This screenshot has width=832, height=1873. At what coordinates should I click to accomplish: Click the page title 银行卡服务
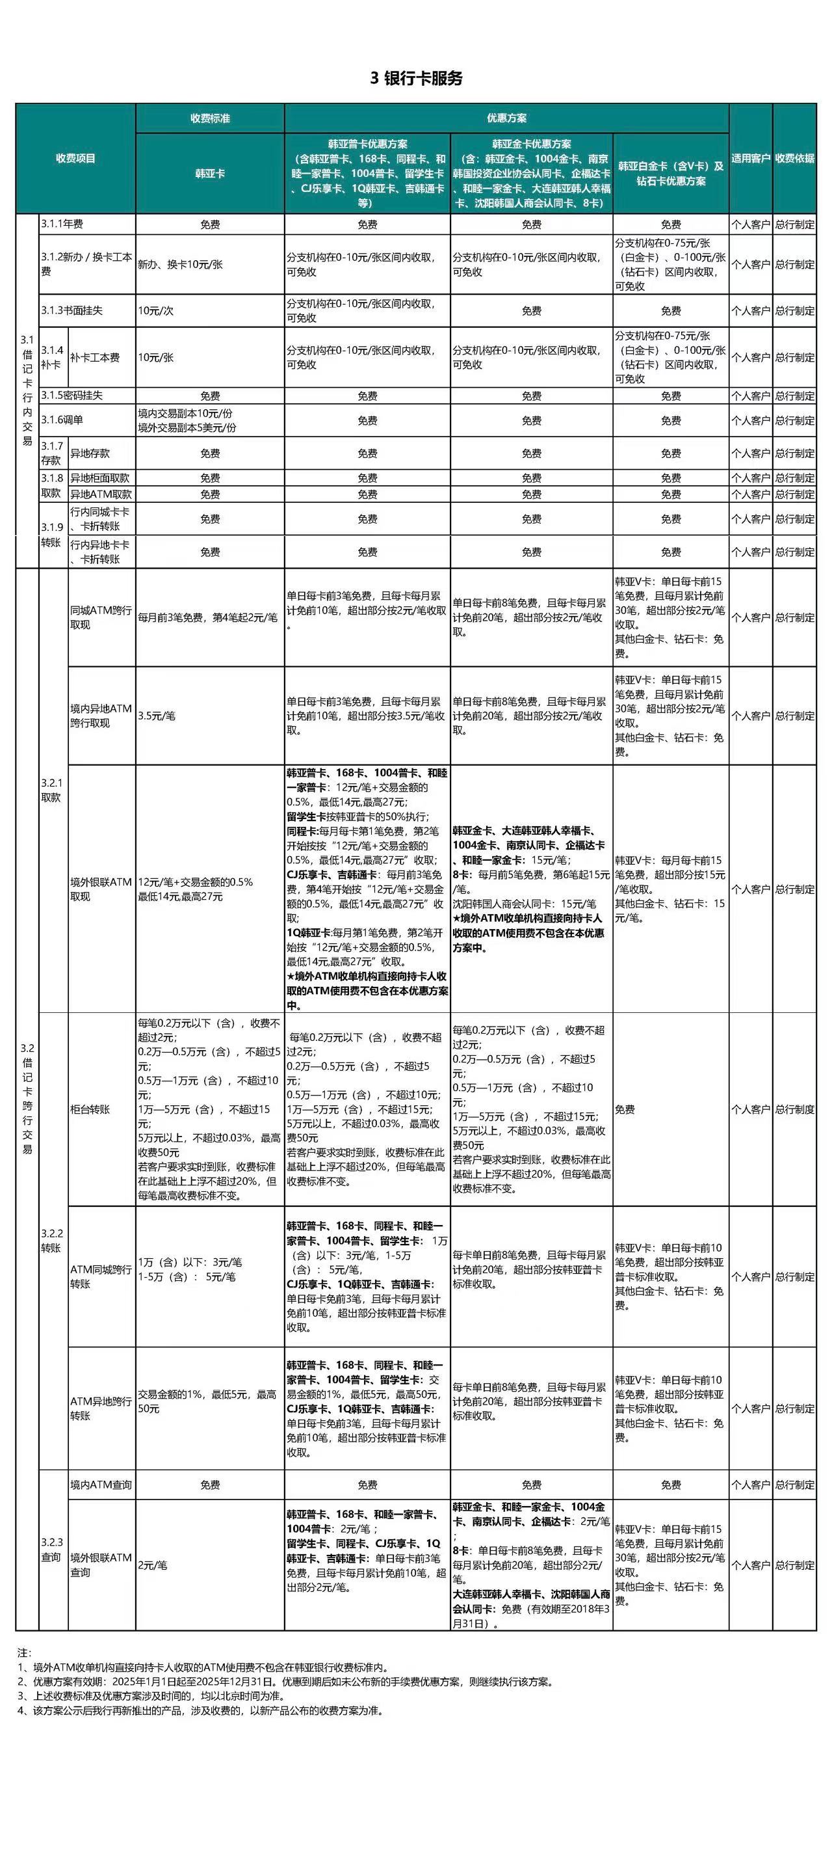tap(417, 79)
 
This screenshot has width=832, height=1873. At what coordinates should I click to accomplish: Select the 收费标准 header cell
tap(210, 118)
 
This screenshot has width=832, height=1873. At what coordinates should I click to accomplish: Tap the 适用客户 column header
tap(751, 158)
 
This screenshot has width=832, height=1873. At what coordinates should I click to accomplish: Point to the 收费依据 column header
tap(794, 158)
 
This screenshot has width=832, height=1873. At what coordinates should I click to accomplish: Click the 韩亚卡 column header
tap(210, 174)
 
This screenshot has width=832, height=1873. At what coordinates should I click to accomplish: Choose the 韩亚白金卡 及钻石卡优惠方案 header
tap(671, 174)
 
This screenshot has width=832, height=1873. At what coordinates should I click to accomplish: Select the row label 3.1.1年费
tap(62, 224)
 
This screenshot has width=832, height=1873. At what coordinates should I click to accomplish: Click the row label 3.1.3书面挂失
tap(72, 310)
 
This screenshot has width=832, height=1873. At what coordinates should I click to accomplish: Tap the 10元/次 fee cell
tap(156, 310)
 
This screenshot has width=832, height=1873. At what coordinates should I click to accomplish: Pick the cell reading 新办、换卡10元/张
tap(180, 265)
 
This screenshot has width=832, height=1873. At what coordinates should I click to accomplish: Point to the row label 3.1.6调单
tap(62, 420)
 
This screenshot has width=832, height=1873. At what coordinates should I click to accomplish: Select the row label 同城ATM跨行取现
tap(101, 617)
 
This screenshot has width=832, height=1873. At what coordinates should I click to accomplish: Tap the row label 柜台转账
tap(90, 1109)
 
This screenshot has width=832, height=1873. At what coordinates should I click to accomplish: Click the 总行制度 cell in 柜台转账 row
tap(794, 1109)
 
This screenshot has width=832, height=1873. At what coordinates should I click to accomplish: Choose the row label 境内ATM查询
tap(101, 1485)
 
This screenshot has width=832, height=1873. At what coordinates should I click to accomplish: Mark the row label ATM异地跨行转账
tap(101, 1408)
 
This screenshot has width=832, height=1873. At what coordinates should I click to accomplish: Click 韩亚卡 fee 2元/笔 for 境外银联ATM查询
tap(153, 1565)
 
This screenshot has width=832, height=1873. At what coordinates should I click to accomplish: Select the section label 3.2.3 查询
tap(51, 1550)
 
